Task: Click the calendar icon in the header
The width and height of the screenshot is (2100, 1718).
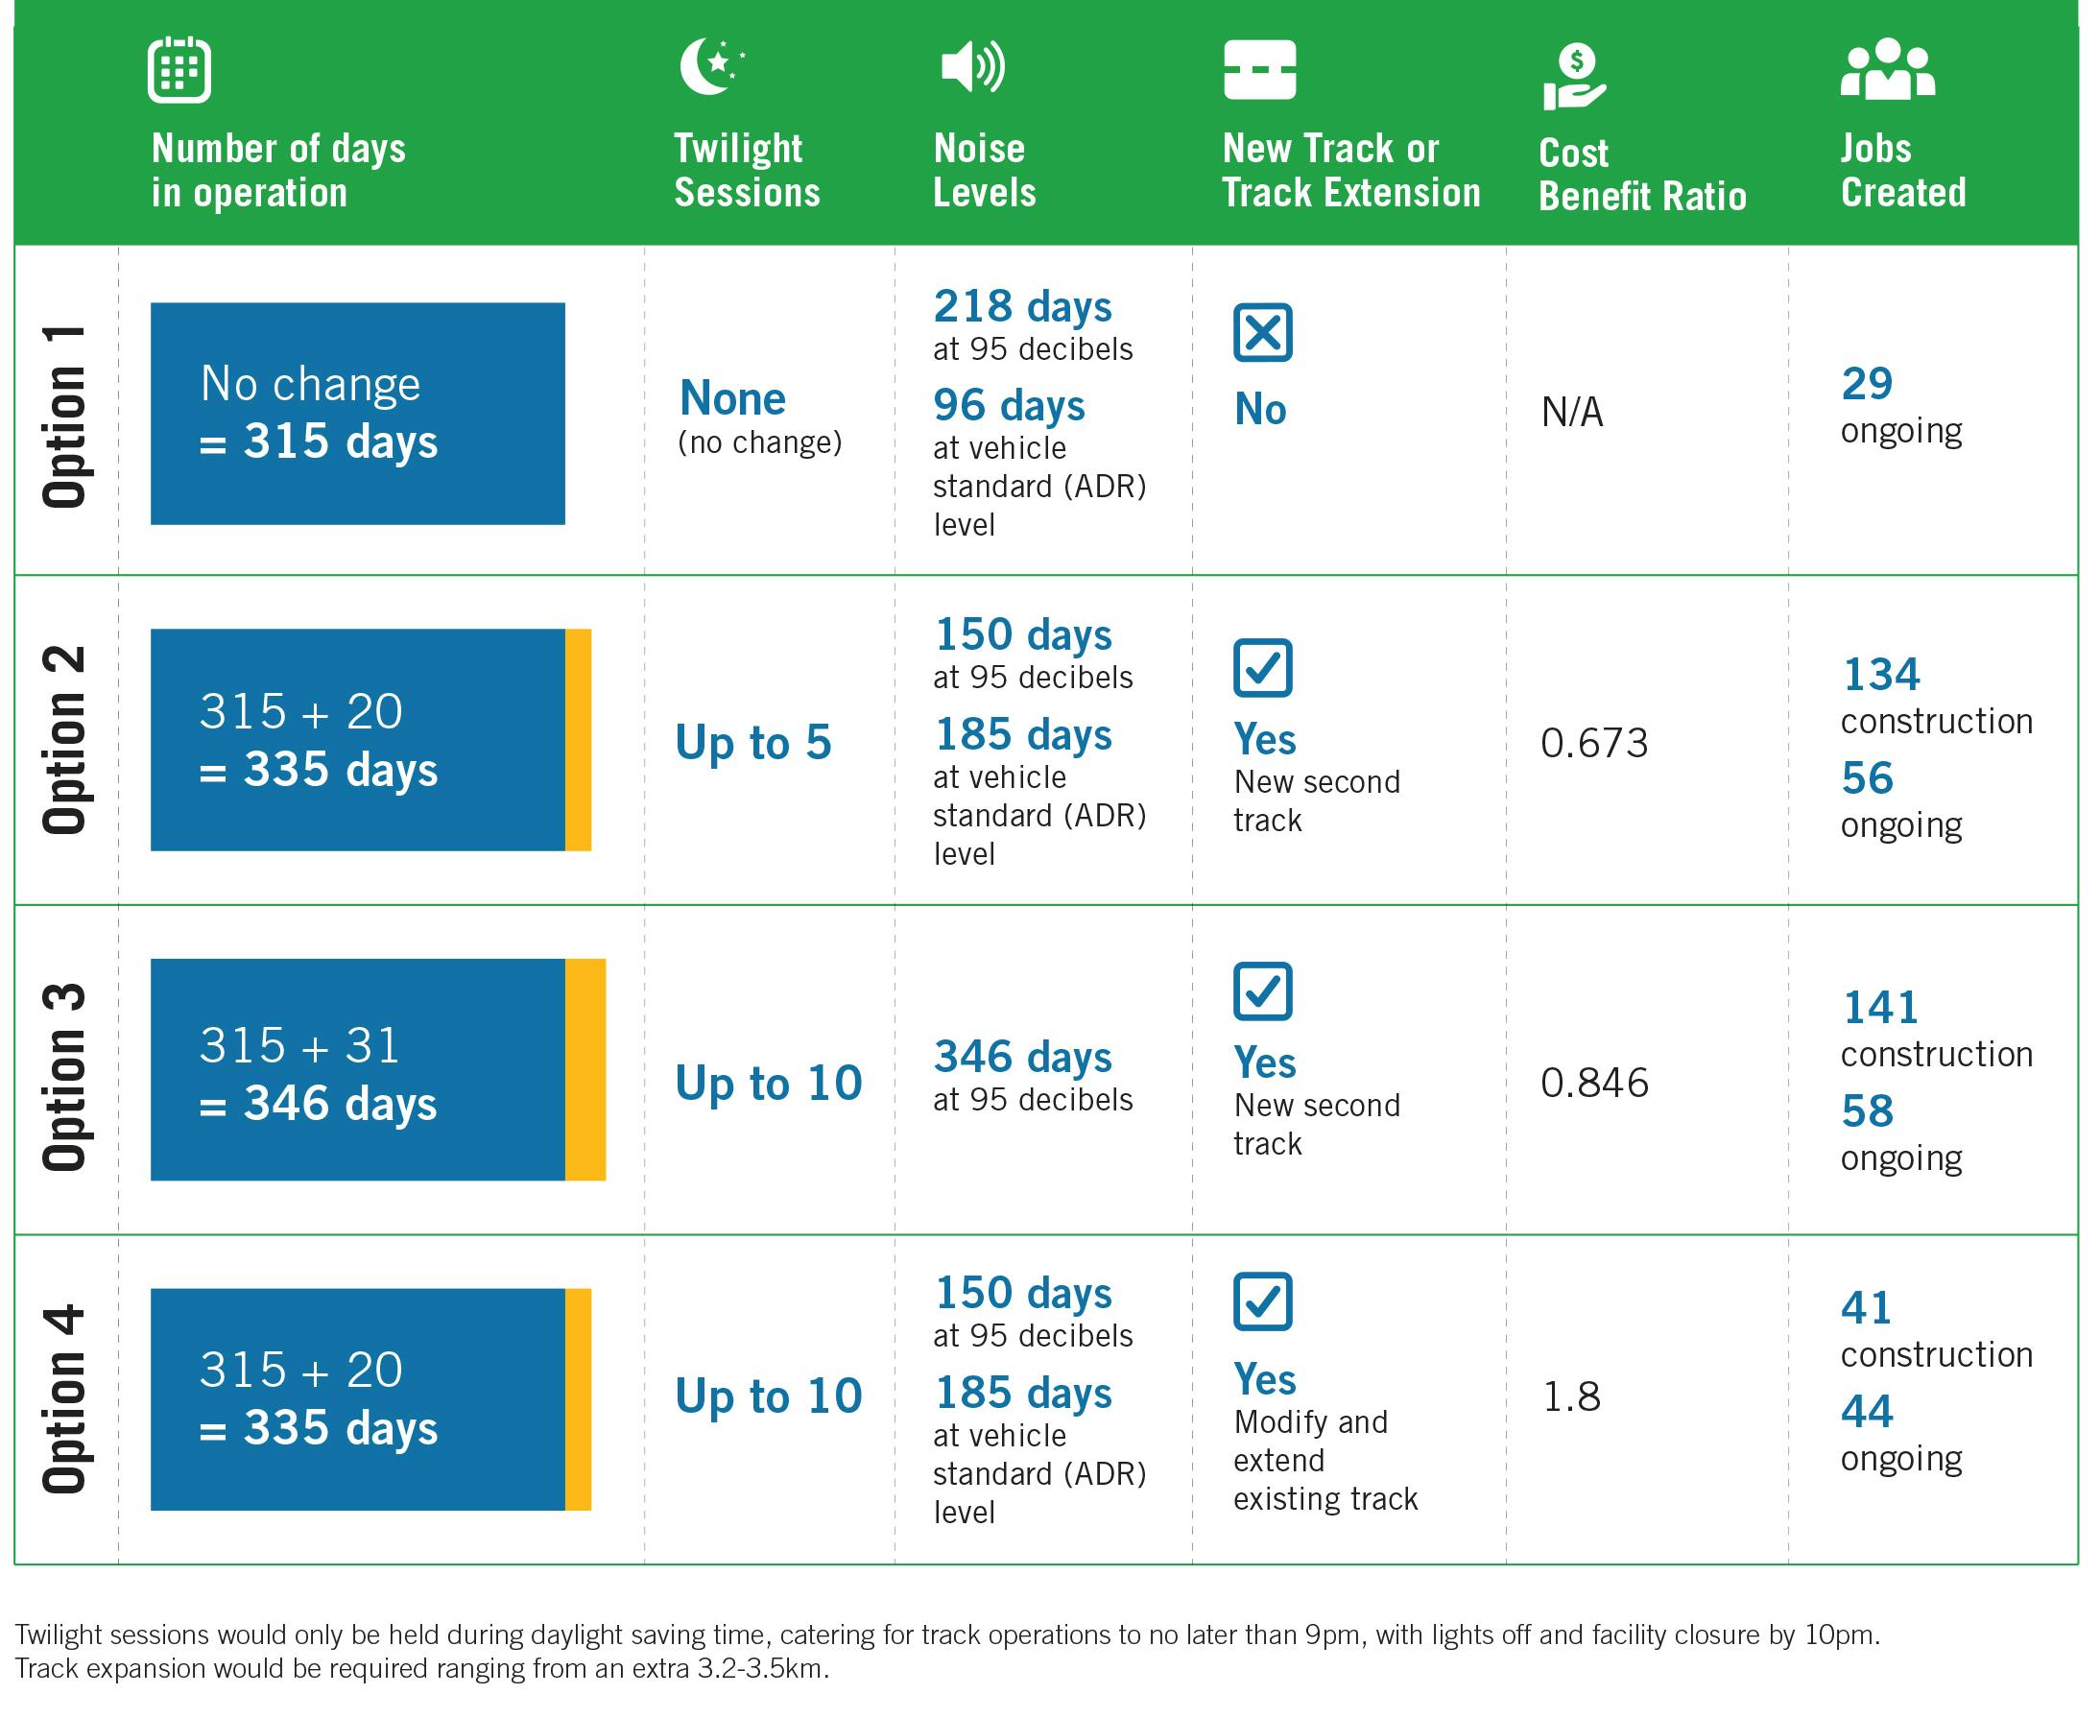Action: point(179,69)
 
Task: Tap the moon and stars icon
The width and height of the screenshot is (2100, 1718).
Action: point(711,66)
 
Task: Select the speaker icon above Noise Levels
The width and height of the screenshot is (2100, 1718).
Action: point(972,66)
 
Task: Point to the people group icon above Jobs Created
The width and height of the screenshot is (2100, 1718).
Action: point(1887,69)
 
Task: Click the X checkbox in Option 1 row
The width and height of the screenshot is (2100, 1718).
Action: point(1263,332)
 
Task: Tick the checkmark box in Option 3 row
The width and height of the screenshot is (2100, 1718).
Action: point(1263,990)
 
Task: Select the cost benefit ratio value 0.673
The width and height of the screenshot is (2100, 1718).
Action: point(1594,743)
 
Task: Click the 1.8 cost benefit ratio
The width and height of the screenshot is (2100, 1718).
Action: point(1571,1396)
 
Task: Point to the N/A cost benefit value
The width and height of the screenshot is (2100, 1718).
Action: point(1571,412)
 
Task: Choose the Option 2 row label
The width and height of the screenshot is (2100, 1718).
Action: point(64,740)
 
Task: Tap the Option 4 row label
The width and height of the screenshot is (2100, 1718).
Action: point(64,1398)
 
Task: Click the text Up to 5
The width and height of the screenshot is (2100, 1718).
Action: point(753,742)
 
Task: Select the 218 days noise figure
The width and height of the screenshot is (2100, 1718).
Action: point(1022,307)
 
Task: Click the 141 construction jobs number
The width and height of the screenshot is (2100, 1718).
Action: point(1880,1009)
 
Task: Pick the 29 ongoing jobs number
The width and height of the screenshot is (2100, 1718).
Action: point(1867,384)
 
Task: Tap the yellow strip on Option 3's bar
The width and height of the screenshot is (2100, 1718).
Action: point(585,1069)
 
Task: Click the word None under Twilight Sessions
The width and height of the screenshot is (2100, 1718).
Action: point(732,399)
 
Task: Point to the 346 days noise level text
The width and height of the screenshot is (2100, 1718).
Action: point(1022,1057)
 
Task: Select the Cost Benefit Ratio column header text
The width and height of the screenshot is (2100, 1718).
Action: point(1642,174)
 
